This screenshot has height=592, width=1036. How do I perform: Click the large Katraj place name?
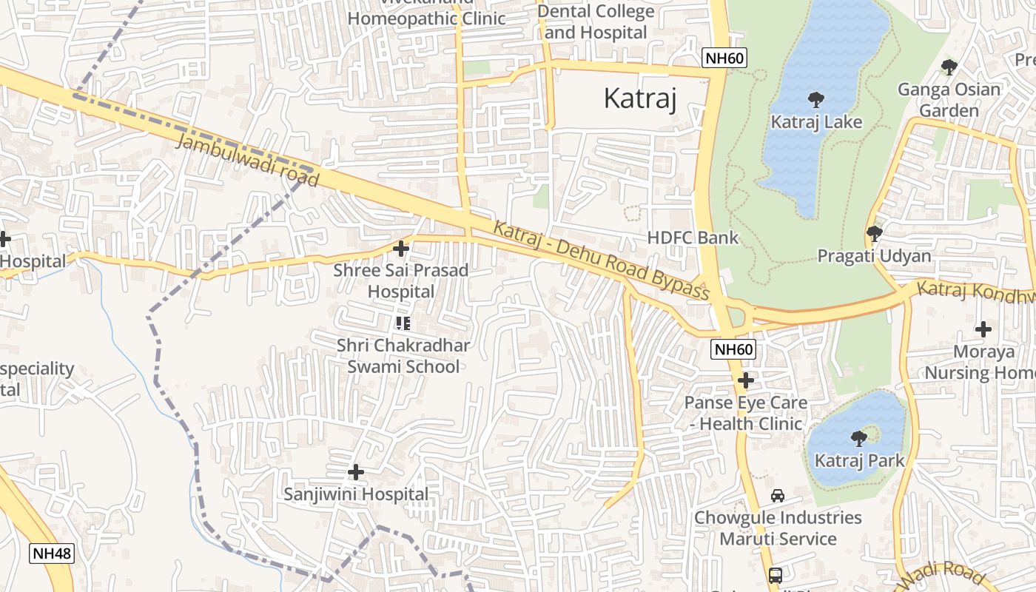[640, 98]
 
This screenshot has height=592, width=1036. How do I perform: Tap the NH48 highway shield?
[53, 553]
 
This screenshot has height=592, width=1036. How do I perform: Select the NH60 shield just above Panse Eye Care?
[733, 349]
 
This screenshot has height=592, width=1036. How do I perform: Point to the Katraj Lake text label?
[816, 121]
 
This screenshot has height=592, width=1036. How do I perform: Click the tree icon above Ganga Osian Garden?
[949, 67]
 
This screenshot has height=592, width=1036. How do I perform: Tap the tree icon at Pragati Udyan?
[874, 234]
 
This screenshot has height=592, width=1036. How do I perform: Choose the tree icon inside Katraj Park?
[858, 438]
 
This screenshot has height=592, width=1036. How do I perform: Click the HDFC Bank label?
[693, 238]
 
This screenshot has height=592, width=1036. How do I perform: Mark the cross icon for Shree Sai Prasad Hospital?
[401, 249]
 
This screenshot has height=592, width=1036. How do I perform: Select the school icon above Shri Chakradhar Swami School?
[403, 323]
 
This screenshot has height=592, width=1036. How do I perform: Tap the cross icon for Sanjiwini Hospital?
[356, 471]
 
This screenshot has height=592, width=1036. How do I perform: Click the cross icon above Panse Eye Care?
[746, 380]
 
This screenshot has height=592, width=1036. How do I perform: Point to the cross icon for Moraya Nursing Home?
[983, 329]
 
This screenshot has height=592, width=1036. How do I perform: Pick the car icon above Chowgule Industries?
[777, 495]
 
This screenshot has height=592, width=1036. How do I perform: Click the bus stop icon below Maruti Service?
[775, 575]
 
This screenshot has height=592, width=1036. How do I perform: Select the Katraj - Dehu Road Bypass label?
[601, 260]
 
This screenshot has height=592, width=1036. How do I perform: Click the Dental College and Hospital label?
[596, 22]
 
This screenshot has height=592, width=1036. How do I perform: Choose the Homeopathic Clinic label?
[426, 18]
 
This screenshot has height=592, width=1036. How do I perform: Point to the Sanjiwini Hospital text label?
[356, 494]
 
